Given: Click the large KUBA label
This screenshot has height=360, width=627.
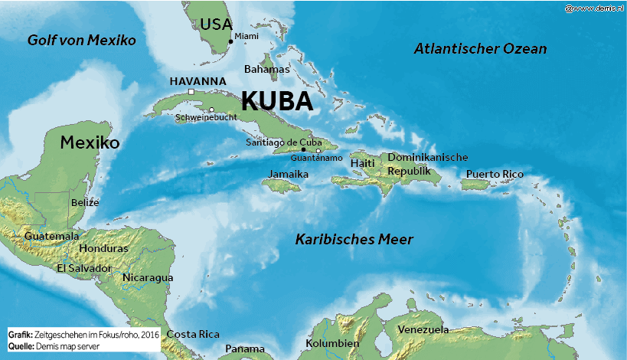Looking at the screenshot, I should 277,102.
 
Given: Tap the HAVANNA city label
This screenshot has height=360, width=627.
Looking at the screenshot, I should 198,80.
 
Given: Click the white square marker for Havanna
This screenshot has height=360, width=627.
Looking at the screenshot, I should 191,92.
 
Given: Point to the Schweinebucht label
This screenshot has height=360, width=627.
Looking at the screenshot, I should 206,118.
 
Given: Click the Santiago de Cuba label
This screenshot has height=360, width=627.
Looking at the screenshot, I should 283,142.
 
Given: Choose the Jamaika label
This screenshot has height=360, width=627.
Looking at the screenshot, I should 288,175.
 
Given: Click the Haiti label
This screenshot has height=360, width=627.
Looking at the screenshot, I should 362,163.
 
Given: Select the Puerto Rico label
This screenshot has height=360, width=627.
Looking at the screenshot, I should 495,175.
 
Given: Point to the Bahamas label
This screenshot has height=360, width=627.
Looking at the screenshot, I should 266,69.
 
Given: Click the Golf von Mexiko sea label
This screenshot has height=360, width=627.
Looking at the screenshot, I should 81,40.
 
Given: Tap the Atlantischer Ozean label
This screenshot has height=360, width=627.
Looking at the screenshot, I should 480,49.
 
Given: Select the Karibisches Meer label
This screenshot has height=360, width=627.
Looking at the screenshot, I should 354,240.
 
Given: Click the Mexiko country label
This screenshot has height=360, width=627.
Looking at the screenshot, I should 90,142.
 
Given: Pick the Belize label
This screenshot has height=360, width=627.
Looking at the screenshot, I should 85,202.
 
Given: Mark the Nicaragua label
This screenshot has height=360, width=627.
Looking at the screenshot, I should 148,277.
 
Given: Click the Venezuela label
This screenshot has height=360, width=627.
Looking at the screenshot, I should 423,329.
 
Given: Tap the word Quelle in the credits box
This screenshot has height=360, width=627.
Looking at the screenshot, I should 21,346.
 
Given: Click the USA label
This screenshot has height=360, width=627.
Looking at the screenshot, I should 216,25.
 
